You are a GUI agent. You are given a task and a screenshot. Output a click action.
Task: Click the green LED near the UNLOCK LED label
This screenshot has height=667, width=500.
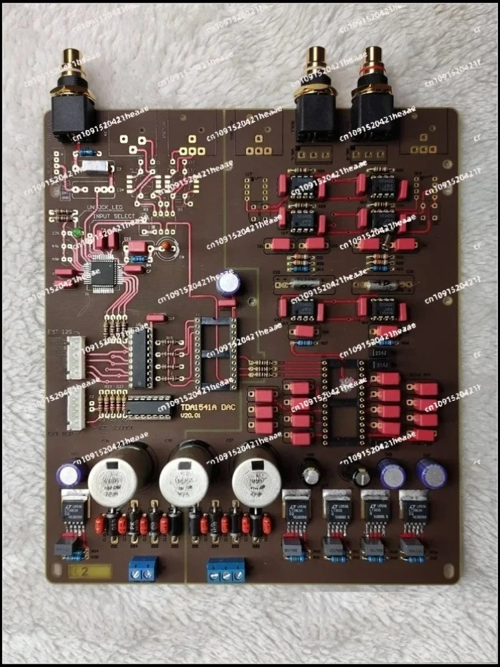(x=78, y=233)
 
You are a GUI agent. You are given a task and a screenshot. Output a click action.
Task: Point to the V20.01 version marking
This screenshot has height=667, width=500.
(x=189, y=416)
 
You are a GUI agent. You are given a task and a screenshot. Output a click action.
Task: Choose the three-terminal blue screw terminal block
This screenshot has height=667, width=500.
(x=227, y=572)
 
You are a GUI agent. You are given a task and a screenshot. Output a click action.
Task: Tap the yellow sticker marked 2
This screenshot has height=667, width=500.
(x=89, y=572)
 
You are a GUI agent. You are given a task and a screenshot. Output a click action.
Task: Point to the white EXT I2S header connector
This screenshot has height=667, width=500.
(x=75, y=357)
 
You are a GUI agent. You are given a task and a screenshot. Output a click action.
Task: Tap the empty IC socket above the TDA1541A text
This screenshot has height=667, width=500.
(x=215, y=353)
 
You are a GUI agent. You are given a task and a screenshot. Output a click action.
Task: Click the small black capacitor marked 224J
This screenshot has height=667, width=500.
(x=382, y=352)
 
